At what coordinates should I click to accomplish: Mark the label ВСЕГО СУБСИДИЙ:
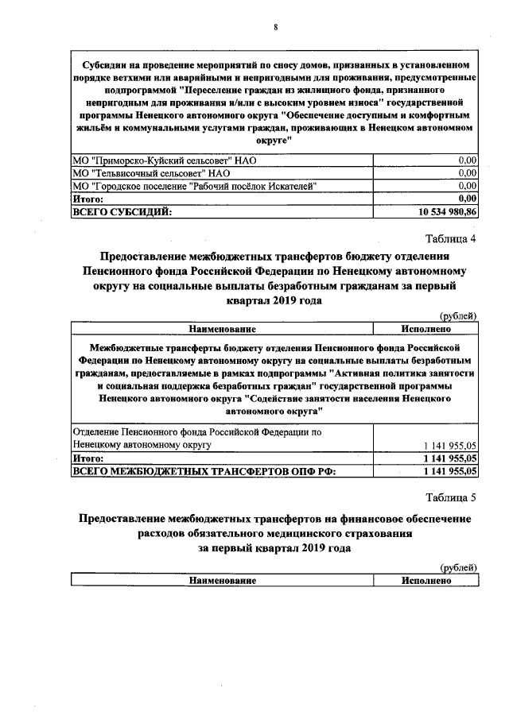tap(122, 212)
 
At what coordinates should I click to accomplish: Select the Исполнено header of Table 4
tap(425, 329)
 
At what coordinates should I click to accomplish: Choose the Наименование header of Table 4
tap(222, 329)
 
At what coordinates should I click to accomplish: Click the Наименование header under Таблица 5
tap(222, 581)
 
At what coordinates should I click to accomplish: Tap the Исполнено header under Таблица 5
tap(425, 581)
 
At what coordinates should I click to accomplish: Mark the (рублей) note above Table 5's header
tap(459, 567)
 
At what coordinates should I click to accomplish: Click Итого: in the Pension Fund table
tap(88, 458)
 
